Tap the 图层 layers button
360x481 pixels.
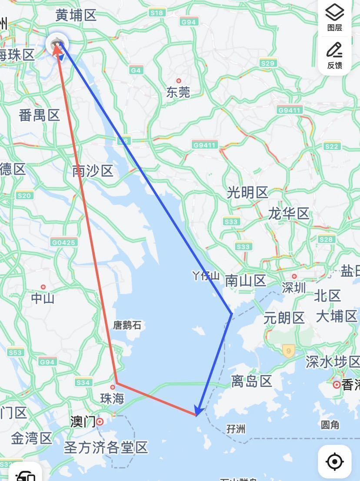coord(334,18)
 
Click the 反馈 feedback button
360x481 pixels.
coord(334,56)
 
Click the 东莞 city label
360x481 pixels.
coord(178,92)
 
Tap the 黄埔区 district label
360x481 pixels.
coord(76,16)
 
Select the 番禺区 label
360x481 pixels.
coord(39,115)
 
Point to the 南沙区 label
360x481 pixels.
coord(93,171)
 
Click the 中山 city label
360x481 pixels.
coord(43,298)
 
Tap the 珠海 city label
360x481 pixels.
coord(112,398)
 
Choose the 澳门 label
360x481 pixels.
coord(83,421)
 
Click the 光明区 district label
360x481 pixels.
coord(247,192)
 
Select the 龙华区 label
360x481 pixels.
coord(288,213)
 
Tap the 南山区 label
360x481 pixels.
coord(246,281)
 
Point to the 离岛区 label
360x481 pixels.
coord(251,381)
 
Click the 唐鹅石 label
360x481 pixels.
coord(127,325)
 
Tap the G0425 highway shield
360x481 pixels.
coord(64,242)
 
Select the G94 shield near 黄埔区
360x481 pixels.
coord(190,21)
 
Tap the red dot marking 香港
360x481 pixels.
coord(336,385)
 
